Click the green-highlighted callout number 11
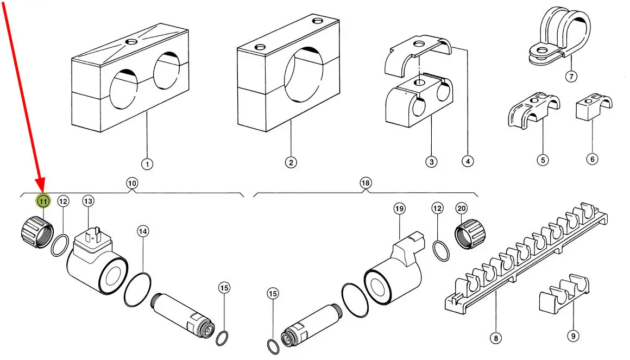tap(43, 201)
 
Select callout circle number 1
tap(147, 164)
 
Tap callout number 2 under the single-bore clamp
tap(291, 163)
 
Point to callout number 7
tap(571, 76)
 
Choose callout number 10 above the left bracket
tap(132, 184)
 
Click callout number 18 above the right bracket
tap(365, 183)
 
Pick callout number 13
tap(88, 201)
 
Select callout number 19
tap(399, 209)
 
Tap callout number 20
tap(462, 208)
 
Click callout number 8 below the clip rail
tap(496, 338)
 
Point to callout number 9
tap(574, 336)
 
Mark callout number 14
tap(143, 231)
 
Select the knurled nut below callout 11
tap(37, 232)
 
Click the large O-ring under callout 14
tap(138, 290)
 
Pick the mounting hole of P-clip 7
tap(542, 50)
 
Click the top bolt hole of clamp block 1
tap(131, 41)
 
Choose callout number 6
tap(592, 159)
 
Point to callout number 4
tap(467, 161)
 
